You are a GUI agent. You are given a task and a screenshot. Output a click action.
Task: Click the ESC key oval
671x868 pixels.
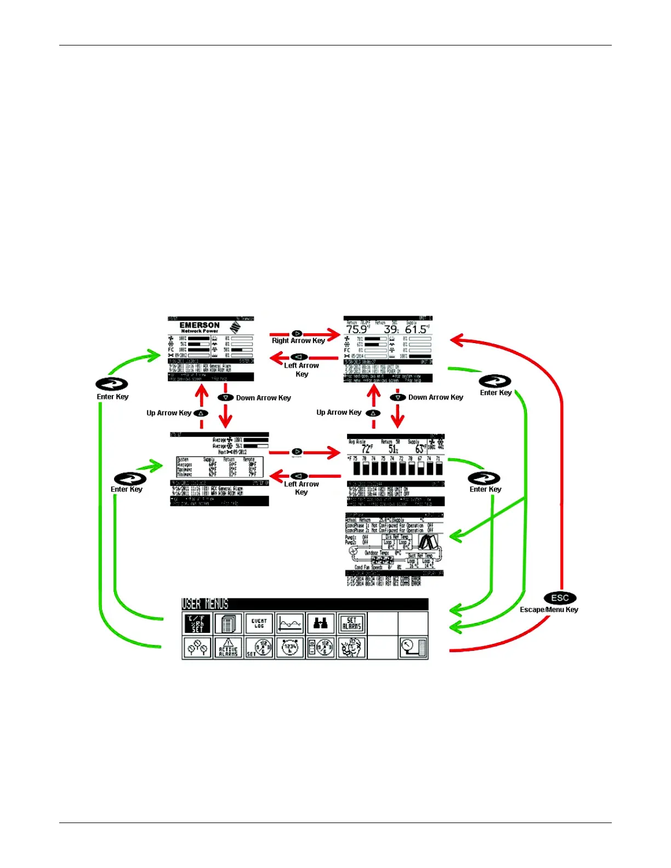click(560, 598)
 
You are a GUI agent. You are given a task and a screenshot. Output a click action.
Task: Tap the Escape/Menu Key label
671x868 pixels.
click(549, 609)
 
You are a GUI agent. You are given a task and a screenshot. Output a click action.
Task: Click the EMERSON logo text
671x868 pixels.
click(200, 325)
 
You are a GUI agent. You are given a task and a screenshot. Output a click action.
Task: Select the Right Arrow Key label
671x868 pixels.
click(298, 340)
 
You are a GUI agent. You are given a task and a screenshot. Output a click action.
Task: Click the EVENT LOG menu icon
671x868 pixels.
click(259, 624)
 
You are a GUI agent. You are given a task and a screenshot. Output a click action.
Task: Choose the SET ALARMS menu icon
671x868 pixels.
click(351, 624)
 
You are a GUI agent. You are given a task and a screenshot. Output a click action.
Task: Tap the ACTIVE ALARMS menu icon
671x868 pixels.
click(228, 648)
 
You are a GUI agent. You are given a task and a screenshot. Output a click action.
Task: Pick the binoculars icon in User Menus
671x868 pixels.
click(321, 624)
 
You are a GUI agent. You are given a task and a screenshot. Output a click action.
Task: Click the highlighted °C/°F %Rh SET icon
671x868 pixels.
click(197, 624)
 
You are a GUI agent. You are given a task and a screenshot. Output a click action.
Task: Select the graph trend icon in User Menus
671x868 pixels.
click(290, 624)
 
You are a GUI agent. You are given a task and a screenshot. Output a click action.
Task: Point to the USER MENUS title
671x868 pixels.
click(205, 604)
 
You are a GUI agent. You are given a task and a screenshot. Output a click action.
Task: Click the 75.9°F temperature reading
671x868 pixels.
click(357, 329)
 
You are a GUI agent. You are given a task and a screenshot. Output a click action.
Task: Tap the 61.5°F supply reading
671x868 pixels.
click(417, 329)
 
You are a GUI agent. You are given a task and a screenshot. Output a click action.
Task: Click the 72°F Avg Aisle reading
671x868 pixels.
click(366, 449)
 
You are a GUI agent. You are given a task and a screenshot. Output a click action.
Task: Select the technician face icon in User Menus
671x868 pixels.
click(351, 648)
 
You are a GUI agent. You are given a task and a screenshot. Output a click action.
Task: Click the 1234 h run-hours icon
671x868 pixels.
click(290, 648)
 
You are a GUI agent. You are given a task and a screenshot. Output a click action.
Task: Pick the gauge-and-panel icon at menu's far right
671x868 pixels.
click(413, 648)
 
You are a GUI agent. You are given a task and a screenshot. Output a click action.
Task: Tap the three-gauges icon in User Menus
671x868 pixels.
click(197, 648)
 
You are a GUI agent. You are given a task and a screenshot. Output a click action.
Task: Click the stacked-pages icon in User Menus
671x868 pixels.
click(228, 624)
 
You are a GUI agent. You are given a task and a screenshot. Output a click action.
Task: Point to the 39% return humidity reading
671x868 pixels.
click(391, 329)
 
